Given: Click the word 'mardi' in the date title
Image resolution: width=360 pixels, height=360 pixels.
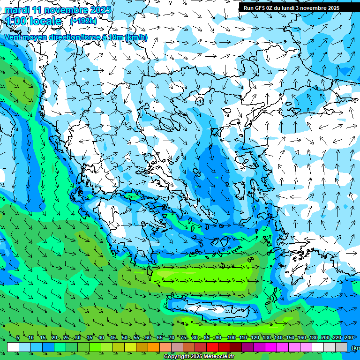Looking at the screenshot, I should click(x=17, y=10).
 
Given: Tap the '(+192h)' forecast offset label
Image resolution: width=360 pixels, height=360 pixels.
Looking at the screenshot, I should click(x=84, y=21).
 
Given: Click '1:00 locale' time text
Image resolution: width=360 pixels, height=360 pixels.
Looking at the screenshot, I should click(x=34, y=22).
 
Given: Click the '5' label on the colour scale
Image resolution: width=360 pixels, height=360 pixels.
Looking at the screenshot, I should click(x=18, y=337).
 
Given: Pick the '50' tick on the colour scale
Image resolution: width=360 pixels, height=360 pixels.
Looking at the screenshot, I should click(x=124, y=337).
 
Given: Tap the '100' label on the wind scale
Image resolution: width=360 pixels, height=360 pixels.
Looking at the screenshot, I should click(x=231, y=337).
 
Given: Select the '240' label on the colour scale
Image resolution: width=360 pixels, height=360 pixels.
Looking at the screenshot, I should click(x=348, y=337).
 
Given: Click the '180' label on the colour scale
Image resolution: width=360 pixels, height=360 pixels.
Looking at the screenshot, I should click(x=314, y=337).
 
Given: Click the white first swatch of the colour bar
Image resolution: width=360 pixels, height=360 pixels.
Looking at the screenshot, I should click(x=13, y=347).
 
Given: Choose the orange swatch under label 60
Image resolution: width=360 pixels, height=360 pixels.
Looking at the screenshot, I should click(x=154, y=347).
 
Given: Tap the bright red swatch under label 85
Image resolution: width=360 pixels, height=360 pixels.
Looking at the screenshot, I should click(x=212, y=347).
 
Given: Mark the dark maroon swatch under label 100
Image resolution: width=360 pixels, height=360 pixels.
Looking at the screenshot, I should click(x=236, y=347).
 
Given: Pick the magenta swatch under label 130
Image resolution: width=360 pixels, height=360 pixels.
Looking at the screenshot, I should click(x=271, y=347).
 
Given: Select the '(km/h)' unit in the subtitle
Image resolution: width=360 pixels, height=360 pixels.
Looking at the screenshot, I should click(x=136, y=37).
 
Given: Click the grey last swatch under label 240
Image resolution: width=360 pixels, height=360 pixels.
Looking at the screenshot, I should click(x=341, y=347).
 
